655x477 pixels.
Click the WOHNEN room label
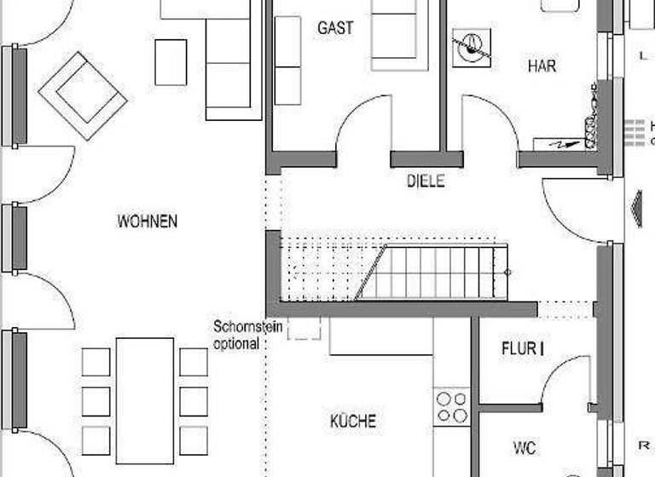[148, 221]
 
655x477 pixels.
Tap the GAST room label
[335, 28]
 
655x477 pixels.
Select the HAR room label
[542, 66]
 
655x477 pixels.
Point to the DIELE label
[425, 181]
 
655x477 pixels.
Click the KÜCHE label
[353, 421]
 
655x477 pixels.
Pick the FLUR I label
[522, 348]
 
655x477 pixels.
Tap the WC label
[525, 446]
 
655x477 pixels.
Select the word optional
[236, 344]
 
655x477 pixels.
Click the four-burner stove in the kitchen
[452, 406]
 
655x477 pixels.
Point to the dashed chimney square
[304, 328]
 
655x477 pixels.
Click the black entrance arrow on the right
[634, 208]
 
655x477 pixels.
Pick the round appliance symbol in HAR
[471, 48]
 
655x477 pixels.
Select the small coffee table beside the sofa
[171, 62]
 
